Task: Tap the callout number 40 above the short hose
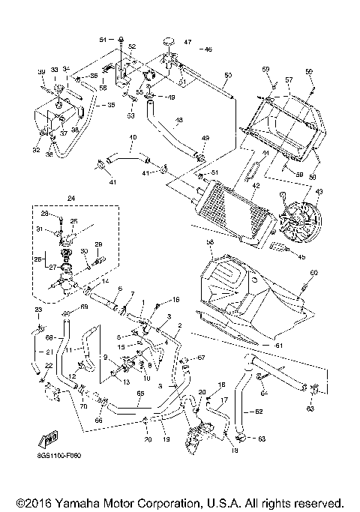[x=133, y=138]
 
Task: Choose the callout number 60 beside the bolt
[x=313, y=272]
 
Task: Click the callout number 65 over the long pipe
[x=139, y=393]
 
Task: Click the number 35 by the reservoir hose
[x=111, y=106]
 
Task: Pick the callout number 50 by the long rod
[x=228, y=75]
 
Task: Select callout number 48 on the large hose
[x=179, y=120]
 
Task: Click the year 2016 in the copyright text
[x=31, y=502]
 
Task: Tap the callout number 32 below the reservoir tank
[x=36, y=150]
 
